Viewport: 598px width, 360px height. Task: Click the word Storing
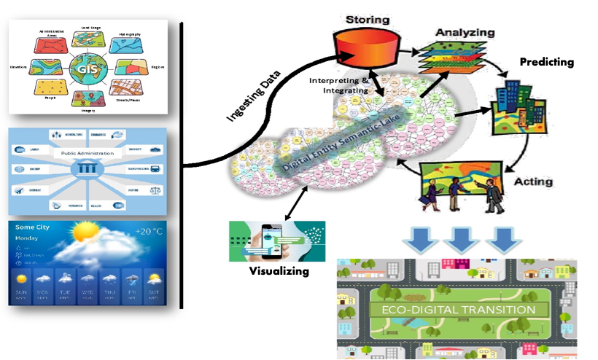click(x=366, y=18)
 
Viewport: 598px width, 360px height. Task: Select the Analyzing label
click(x=465, y=33)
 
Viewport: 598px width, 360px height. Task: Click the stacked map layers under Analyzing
click(x=449, y=59)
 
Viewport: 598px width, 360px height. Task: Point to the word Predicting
click(x=546, y=62)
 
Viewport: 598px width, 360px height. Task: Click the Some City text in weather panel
click(x=34, y=227)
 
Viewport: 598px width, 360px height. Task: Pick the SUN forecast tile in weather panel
click(x=23, y=284)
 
